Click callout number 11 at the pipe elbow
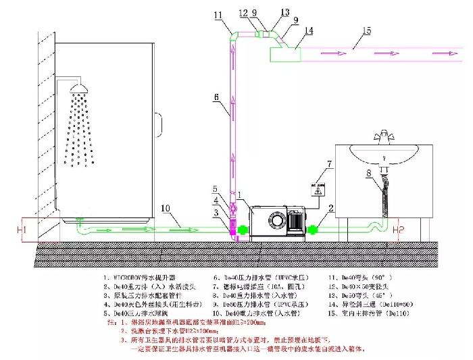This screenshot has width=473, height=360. click(x=218, y=15)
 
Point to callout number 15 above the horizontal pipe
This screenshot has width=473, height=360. click(x=366, y=30)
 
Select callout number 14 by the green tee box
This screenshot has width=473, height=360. click(x=309, y=30)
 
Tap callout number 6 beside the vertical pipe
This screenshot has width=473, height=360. click(x=216, y=98)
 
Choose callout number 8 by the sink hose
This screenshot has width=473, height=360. click(x=369, y=174)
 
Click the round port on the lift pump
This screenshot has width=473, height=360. click(x=276, y=221)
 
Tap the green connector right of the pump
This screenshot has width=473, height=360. click(x=314, y=230)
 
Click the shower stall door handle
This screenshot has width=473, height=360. click(x=157, y=123)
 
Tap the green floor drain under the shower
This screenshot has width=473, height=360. click(x=79, y=221)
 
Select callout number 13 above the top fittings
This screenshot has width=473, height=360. click(x=284, y=13)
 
